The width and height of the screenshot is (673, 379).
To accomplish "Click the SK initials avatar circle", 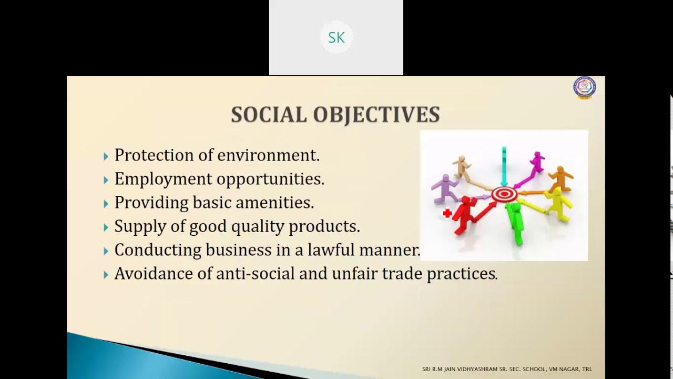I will pos(336,37).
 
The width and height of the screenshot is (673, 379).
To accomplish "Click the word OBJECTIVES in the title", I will pos(376,115).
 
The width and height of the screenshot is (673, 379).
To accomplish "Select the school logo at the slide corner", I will pos(584,87).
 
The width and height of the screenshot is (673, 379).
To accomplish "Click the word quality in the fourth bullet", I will pos(249,226).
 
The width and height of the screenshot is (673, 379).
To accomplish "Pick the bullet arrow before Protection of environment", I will pos(106,156).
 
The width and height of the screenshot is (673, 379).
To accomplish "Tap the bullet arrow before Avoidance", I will pos(106,275).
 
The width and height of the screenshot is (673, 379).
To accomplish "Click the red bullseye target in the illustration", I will pos(504,195).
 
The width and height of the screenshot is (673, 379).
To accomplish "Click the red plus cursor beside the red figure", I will pos(447,213).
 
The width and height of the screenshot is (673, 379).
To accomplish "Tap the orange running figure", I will pos(562,179).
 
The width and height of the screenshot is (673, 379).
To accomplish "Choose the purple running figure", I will pos(445,188).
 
